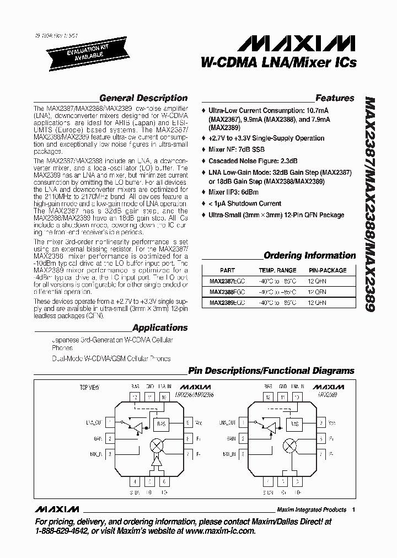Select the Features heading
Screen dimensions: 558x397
click(335, 98)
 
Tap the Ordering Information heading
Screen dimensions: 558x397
click(309, 255)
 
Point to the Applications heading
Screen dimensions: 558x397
click(160, 328)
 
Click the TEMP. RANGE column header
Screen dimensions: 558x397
click(278, 270)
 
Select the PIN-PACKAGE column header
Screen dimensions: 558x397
click(328, 270)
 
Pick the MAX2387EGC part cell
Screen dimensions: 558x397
click(228, 281)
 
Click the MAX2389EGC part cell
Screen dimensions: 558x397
click(228, 303)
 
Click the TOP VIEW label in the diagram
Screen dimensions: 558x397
click(89, 388)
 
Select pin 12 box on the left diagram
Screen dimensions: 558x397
click(135, 396)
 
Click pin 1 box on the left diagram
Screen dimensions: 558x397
click(110, 422)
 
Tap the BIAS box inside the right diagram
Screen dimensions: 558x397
click(295, 424)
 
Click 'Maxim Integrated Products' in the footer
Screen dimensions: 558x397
click(312, 509)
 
